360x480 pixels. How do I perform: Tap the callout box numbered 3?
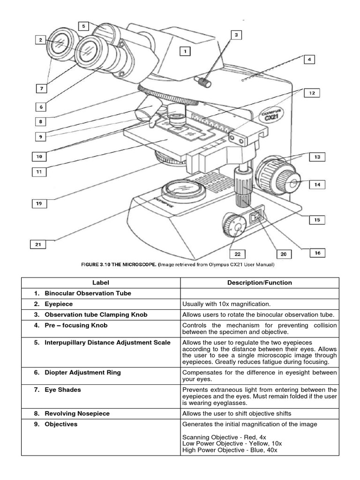point(236,35)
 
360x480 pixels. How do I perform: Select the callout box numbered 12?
point(311,93)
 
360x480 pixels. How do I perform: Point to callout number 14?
point(318,185)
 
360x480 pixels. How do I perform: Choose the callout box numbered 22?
point(238,254)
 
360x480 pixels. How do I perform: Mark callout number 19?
point(39,203)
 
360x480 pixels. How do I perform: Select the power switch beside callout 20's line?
point(256,217)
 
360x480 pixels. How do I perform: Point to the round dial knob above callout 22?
point(233,225)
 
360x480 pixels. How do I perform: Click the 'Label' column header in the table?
point(100,283)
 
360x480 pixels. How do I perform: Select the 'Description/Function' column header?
point(259,283)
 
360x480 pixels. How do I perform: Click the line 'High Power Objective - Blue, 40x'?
point(230,450)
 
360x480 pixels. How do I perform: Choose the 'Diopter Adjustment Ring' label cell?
point(82,372)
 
